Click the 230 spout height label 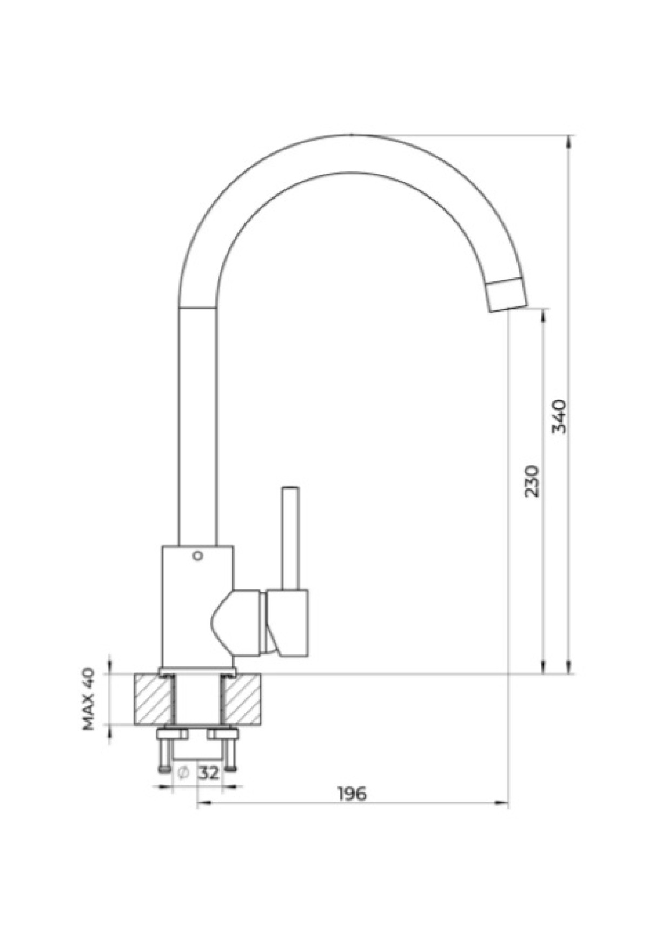[532, 480]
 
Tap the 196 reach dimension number [352, 794]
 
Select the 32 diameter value [209, 773]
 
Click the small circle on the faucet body [197, 555]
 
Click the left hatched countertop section [153, 699]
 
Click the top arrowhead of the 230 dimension [543, 317]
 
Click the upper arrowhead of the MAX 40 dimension [110, 666]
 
